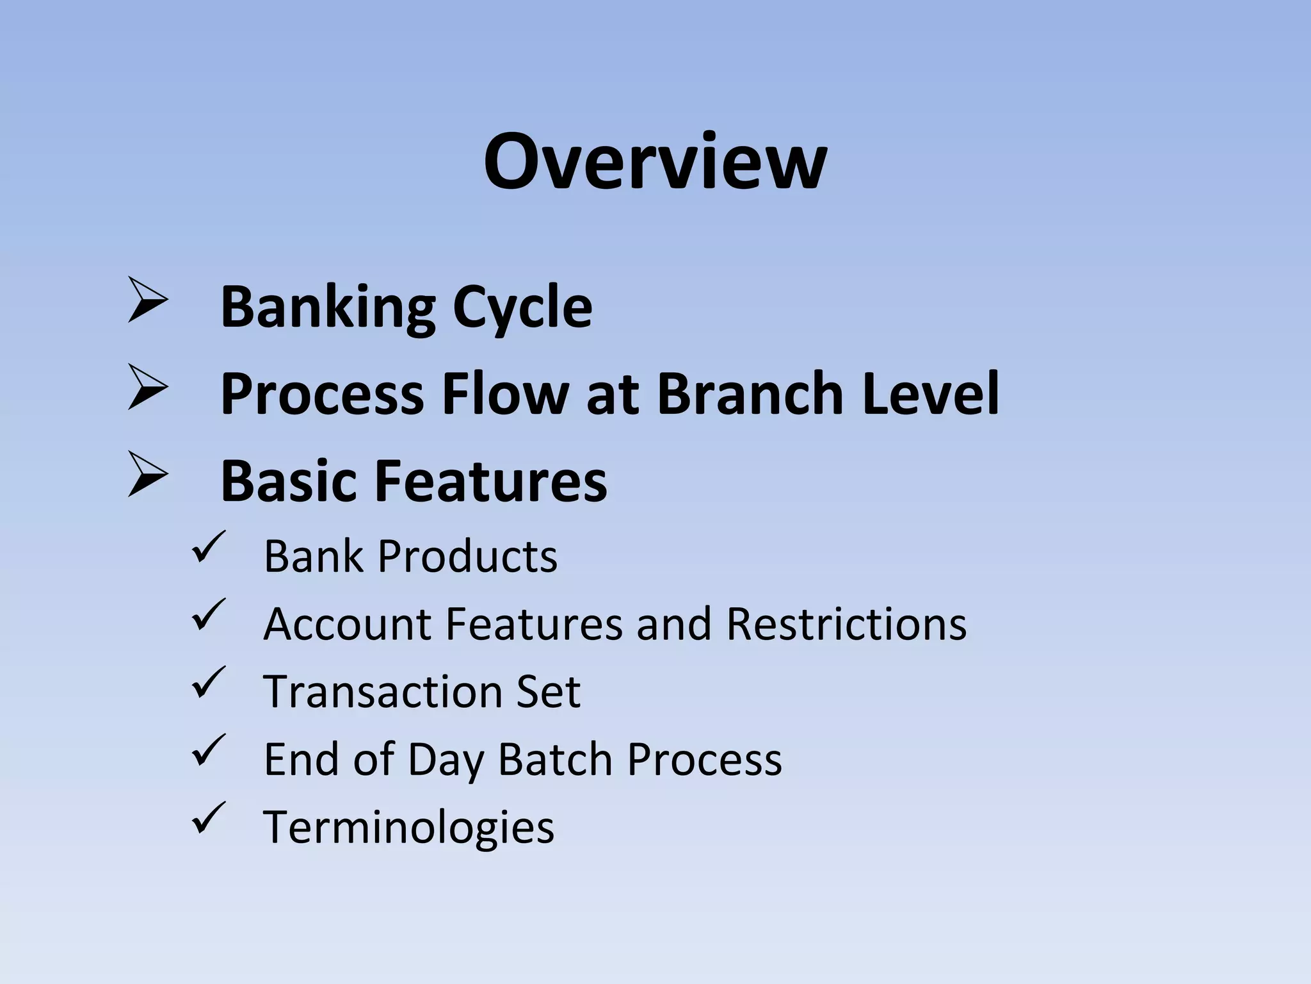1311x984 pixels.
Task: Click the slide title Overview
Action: tap(655, 161)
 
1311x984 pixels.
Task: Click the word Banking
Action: tap(327, 307)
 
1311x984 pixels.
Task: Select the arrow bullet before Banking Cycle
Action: tap(147, 299)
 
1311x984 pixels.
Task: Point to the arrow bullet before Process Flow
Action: tap(147, 386)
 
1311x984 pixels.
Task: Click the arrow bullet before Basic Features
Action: tap(147, 474)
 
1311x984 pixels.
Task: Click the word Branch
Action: tap(750, 393)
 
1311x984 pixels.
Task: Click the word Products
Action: tap(467, 556)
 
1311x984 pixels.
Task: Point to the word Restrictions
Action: tap(846, 624)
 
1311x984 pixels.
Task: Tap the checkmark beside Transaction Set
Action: tap(208, 682)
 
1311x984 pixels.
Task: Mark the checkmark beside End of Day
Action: tap(208, 750)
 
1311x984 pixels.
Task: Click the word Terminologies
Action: tap(408, 828)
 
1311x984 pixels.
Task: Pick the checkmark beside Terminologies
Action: tap(208, 818)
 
